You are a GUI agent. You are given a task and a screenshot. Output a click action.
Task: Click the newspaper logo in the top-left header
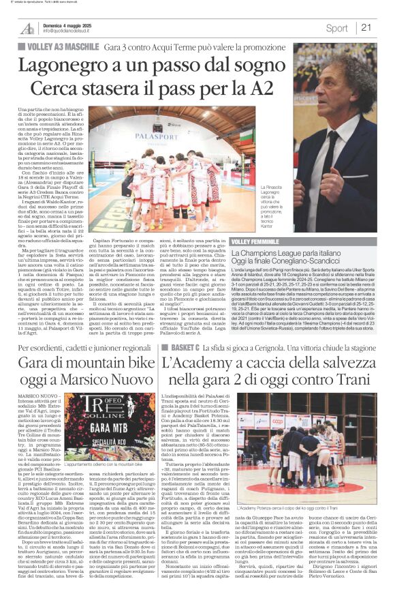(27, 28)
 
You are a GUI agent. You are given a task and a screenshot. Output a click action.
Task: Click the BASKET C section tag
(180, 347)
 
